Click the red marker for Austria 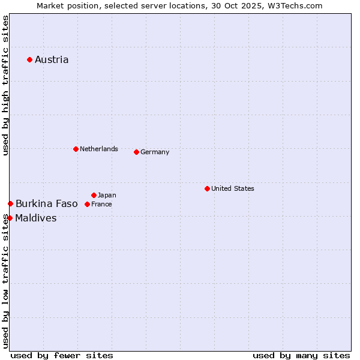(29, 59)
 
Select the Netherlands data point (76, 149)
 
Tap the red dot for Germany (136, 152)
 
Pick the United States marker (207, 188)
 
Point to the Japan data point (94, 195)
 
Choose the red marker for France (87, 204)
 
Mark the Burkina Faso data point (10, 204)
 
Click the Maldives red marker (10, 218)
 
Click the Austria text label (52, 59)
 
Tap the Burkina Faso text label (47, 204)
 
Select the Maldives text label (36, 218)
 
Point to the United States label (233, 188)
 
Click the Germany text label (155, 152)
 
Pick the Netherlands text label (99, 149)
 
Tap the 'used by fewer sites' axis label (62, 355)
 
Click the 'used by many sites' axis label (301, 355)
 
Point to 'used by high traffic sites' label (6, 85)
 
